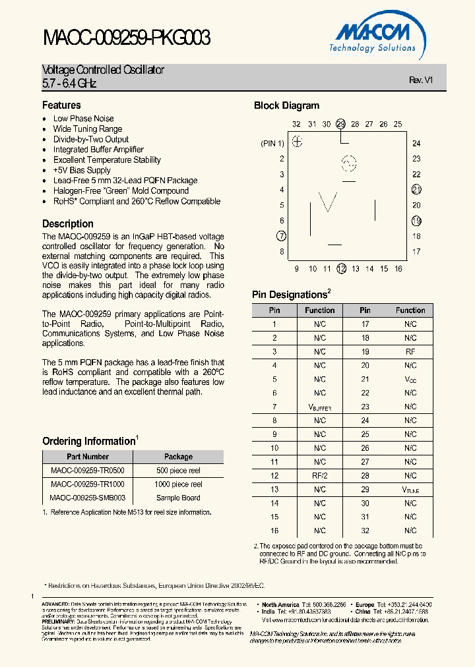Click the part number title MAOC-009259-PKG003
tap(126, 38)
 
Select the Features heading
tap(61, 105)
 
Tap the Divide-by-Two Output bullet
tap(91, 139)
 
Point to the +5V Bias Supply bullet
tap(82, 170)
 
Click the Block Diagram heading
tap(286, 105)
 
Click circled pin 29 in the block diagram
tap(340, 124)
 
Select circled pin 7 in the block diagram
tap(282, 236)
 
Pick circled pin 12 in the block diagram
tap(341, 268)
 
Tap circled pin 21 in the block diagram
tap(416, 190)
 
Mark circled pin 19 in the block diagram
tap(416, 221)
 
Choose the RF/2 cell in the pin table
tap(319, 475)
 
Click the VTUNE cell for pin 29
tap(410, 490)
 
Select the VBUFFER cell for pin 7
tap(319, 407)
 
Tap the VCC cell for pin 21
tap(410, 380)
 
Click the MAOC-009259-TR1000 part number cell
tap(88, 484)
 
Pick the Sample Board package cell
tap(178, 498)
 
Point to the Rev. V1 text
tap(420, 80)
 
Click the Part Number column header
tap(88, 456)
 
